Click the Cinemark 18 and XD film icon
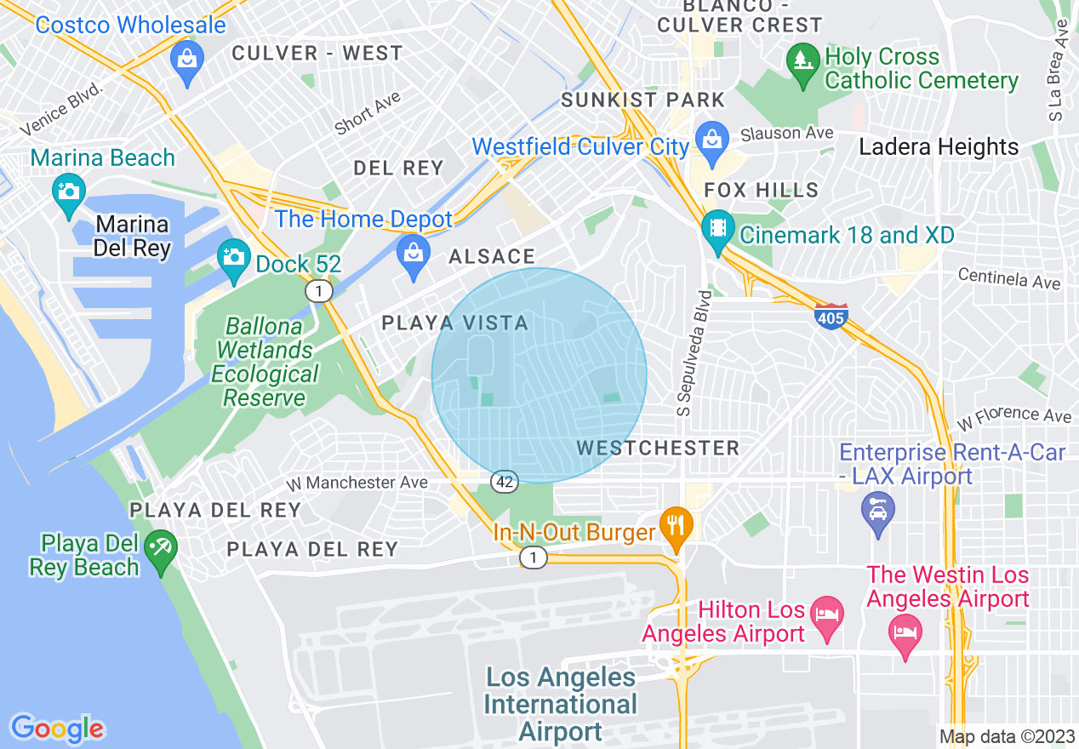tap(718, 229)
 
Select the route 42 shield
tap(504, 483)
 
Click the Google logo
tap(57, 728)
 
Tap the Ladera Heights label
tap(939, 146)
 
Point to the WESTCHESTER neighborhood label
tap(658, 448)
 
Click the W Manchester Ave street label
tap(357, 483)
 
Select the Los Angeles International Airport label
tap(561, 704)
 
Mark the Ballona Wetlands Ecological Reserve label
tap(265, 362)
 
